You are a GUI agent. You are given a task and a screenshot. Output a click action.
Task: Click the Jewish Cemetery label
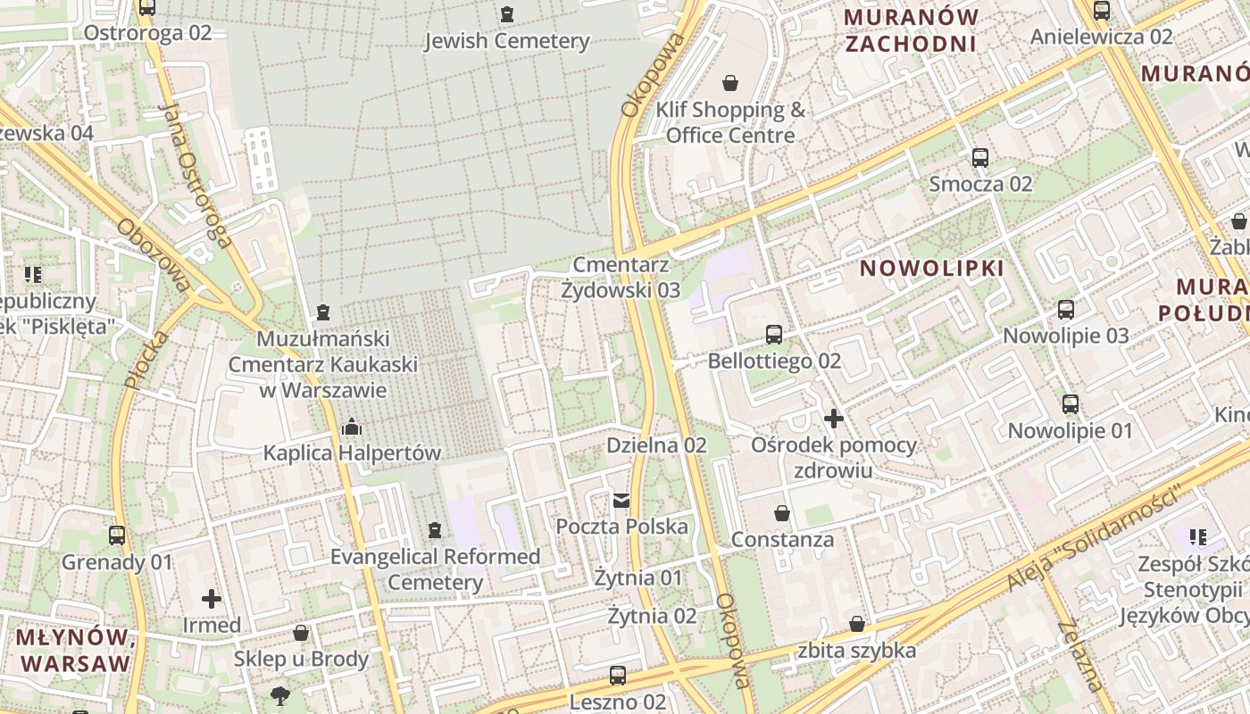tap(507, 41)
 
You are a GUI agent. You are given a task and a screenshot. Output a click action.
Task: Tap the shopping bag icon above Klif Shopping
tap(730, 83)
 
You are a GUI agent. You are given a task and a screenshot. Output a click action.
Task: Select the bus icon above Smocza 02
tap(980, 158)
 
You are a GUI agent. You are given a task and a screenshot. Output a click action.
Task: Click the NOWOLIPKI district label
tap(932, 268)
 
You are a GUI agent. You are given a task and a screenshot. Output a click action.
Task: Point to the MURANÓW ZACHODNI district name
tap(911, 29)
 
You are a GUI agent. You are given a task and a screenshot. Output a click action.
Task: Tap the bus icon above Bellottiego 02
tap(774, 335)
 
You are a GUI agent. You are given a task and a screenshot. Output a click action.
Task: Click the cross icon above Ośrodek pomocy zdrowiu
tap(834, 418)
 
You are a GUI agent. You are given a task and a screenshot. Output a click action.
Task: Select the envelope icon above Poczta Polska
tap(621, 500)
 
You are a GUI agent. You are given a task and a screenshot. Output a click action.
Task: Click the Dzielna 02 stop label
tap(656, 445)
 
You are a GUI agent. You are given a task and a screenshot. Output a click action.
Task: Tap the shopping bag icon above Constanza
tap(782, 513)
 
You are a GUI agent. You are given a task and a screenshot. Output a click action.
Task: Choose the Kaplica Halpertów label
tap(352, 453)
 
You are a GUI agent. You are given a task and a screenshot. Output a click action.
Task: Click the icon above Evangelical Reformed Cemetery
tap(435, 531)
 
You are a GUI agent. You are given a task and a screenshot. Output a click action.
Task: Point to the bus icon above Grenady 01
tap(117, 535)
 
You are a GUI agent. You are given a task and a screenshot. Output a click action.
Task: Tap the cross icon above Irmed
tap(212, 598)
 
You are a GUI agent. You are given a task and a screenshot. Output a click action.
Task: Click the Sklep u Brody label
tap(301, 660)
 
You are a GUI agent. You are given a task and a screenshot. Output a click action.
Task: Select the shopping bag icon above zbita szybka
tap(857, 624)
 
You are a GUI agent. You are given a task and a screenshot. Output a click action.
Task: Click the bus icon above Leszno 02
tap(617, 675)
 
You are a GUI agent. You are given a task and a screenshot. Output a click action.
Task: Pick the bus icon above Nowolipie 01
tap(1070, 404)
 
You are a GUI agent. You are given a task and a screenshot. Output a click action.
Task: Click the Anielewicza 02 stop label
tap(1101, 37)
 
